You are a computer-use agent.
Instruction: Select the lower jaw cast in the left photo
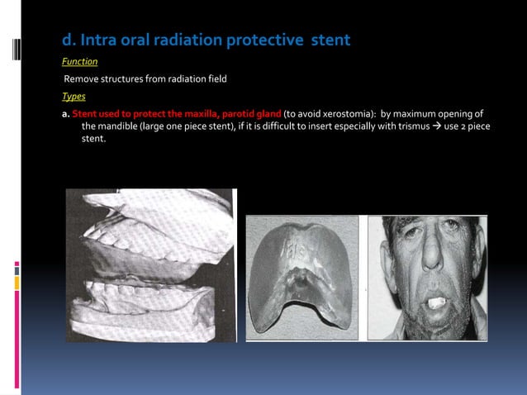145,306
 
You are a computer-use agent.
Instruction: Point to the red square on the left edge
17,266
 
